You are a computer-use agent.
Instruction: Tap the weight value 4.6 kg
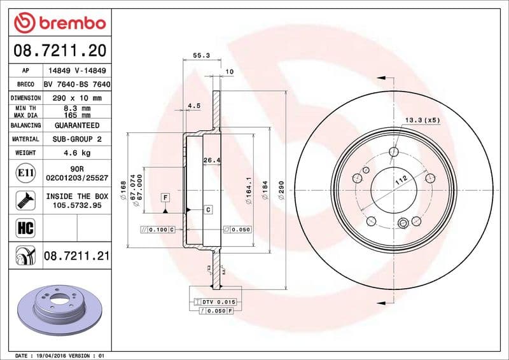pos(76,153)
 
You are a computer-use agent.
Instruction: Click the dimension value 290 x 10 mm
pos(76,98)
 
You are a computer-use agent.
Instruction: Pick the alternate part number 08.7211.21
pos(76,256)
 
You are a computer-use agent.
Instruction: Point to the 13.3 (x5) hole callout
pos(422,120)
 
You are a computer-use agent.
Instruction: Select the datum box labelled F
pos(165,198)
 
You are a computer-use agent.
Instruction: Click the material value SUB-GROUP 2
pos(76,139)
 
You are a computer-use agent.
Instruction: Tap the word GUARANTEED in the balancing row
pos(76,125)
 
